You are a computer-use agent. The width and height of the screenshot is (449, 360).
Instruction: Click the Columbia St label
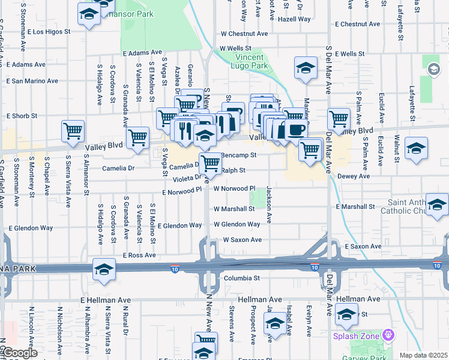tap(241, 278)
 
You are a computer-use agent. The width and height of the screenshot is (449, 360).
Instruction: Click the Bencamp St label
tap(239, 155)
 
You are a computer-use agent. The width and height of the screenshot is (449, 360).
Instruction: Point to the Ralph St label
tap(234, 170)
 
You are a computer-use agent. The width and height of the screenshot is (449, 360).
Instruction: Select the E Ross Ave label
tap(139, 256)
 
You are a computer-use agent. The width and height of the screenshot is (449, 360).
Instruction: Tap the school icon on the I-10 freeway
tap(104, 270)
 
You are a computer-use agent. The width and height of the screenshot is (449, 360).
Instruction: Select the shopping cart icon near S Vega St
tap(139, 138)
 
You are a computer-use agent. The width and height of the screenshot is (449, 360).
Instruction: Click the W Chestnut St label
tap(243, 34)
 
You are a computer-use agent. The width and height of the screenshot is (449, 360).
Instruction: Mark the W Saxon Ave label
tap(243, 239)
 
